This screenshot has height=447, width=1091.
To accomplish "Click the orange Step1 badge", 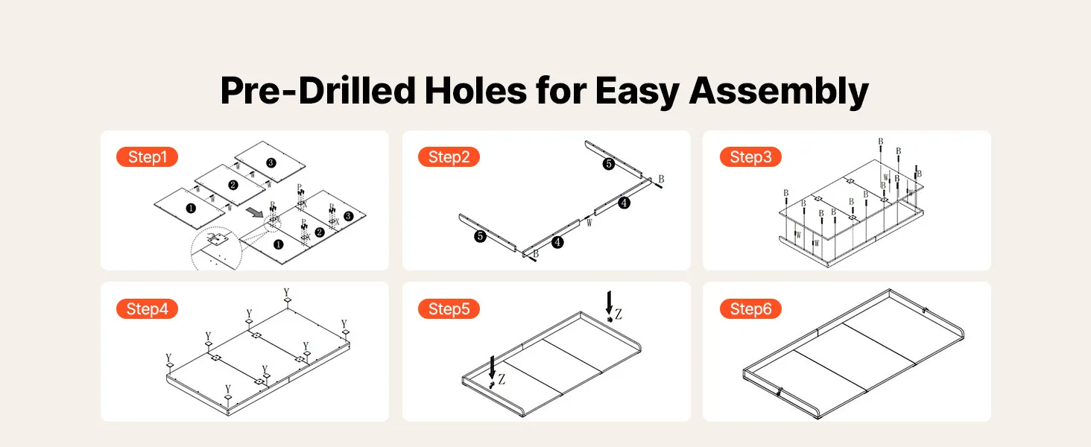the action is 147,156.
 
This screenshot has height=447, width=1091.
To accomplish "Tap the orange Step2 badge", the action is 449,156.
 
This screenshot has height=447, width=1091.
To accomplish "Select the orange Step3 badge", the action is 750,156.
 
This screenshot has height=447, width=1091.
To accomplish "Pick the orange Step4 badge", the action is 147,308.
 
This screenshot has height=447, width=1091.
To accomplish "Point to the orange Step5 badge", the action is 449,308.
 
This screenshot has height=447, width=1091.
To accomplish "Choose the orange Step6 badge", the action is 750,308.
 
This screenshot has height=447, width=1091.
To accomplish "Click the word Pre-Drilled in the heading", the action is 317,91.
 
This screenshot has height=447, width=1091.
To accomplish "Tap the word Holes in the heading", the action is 475,91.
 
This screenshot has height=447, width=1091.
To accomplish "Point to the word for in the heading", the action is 560,91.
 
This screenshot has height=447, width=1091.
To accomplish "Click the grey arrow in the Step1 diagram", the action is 254,212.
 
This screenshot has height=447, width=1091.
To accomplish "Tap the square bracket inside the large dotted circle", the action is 217,240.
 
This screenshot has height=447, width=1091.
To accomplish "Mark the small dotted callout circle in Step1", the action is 273,223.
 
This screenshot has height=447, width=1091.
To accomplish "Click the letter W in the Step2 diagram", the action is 589,223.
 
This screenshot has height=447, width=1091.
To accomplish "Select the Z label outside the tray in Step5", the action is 618,314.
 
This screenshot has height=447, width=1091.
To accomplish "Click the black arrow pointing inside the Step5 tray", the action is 493,367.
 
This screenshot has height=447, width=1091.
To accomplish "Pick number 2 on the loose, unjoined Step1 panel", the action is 233,185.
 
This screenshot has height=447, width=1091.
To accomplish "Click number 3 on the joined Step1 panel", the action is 348,216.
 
